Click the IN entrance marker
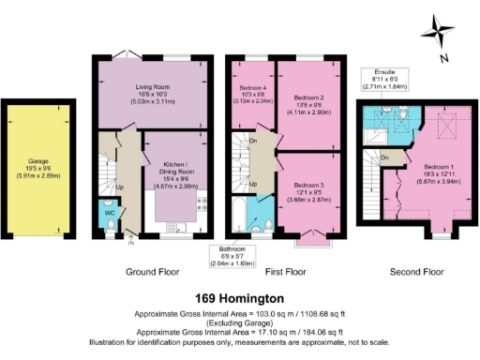coord(130,243)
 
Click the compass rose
coord(437,34)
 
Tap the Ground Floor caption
coord(151,272)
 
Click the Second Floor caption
coord(415,272)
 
